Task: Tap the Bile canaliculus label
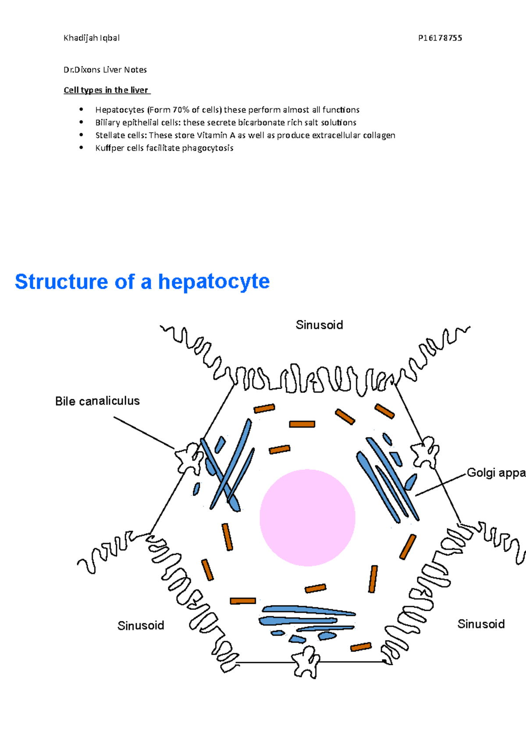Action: click(97, 401)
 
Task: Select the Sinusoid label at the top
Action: click(319, 325)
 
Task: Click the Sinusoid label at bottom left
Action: click(141, 625)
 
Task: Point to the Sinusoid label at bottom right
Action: click(481, 624)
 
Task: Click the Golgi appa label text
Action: click(496, 472)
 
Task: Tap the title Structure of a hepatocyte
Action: click(142, 281)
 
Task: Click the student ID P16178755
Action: click(440, 38)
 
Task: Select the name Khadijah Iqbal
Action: click(91, 38)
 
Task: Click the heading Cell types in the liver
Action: click(106, 90)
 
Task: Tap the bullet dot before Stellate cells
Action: click(81, 135)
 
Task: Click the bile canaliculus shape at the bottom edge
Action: click(306, 662)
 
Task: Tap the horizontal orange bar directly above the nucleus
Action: click(302, 424)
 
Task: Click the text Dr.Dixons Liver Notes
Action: click(105, 70)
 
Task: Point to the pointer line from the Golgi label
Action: click(441, 485)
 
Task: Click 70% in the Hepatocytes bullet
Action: click(181, 110)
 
